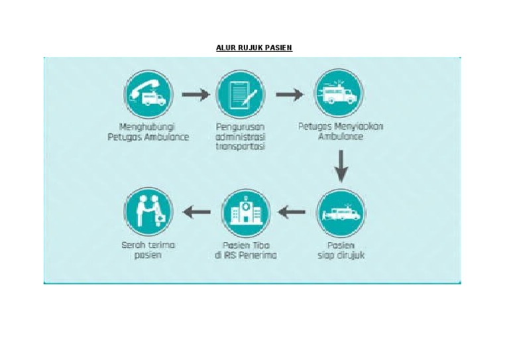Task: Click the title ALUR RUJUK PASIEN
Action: [254, 48]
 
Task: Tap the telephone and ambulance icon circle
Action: [148, 94]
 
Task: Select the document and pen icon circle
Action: [241, 94]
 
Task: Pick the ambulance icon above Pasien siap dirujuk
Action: [341, 213]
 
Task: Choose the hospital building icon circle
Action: [245, 213]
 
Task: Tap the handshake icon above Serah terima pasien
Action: [148, 213]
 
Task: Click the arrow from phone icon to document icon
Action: [195, 95]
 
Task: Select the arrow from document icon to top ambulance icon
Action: [289, 95]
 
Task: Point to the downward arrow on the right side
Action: [341, 165]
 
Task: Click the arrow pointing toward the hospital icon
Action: [292, 213]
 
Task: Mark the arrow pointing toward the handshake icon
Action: [197, 213]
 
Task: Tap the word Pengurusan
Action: [240, 127]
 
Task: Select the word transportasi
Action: [240, 147]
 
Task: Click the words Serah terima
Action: [148, 245]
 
